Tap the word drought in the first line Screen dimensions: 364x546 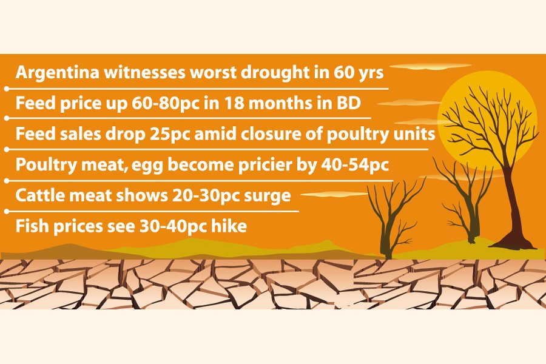point(280,73)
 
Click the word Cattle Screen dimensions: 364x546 point(38,196)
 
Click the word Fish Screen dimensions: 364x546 point(31,227)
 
